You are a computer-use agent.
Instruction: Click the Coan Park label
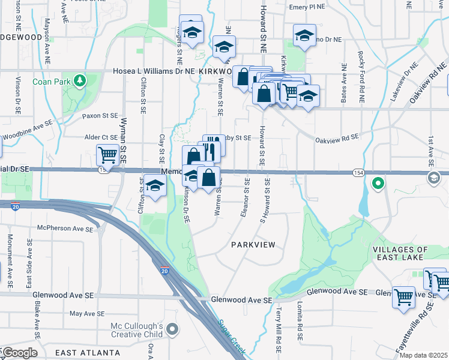(49, 82)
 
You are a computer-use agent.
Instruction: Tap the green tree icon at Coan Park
(80, 80)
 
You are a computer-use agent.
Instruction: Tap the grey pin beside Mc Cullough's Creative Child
(173, 329)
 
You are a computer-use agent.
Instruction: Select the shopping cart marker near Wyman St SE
(108, 155)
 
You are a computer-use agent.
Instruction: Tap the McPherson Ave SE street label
(66, 229)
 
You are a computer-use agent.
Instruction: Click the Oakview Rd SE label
(337, 137)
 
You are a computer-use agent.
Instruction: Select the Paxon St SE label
(101, 115)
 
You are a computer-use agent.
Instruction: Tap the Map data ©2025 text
(423, 355)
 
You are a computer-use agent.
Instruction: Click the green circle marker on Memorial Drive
(378, 182)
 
